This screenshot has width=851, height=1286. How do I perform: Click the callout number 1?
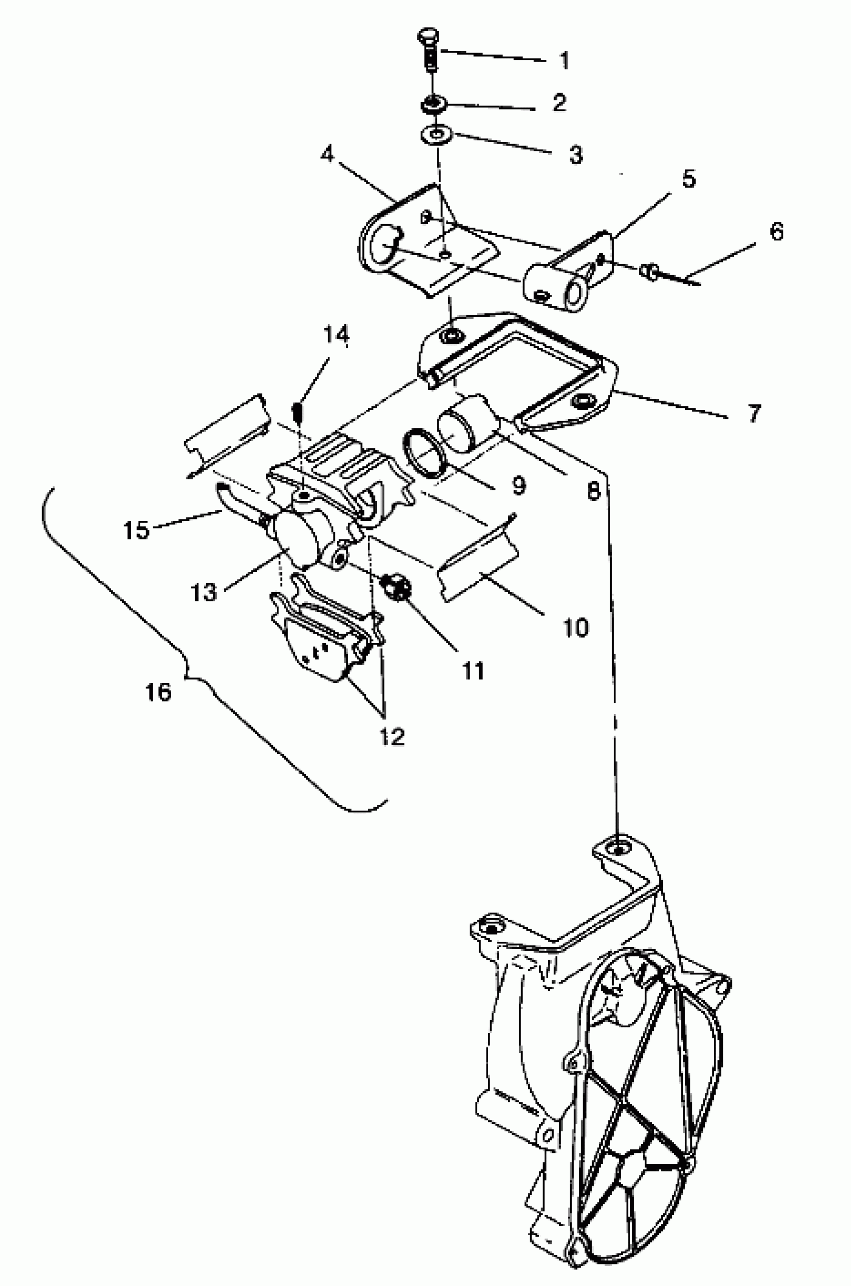point(565,60)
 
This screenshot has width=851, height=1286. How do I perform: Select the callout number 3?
point(575,154)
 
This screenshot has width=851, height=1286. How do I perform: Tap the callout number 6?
point(776,232)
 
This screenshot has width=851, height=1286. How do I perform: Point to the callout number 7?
point(754,414)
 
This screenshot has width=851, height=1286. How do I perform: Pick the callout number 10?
point(576,627)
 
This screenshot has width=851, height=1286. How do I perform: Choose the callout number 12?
point(392,736)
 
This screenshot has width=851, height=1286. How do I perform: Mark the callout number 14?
point(336,335)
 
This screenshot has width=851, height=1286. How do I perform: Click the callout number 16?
point(159,692)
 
